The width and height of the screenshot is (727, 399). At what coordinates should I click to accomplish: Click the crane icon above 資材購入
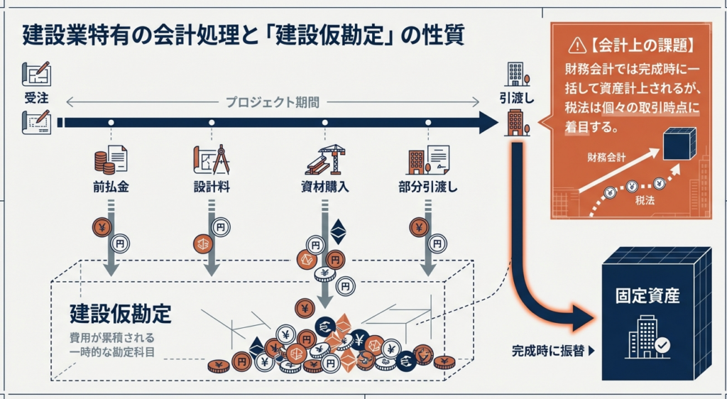(x=325, y=160)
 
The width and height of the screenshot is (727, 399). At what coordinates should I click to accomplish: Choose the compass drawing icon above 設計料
(x=210, y=160)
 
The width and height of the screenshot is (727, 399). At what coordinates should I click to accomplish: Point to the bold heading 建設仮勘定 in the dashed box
(x=121, y=312)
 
